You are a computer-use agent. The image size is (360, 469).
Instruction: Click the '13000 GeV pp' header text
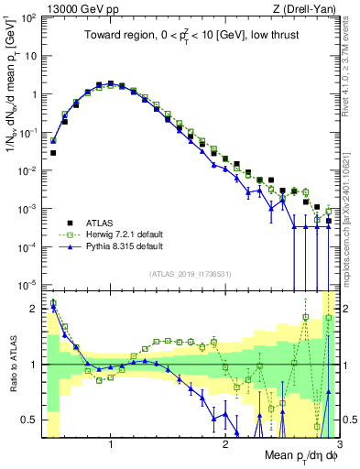[70, 7]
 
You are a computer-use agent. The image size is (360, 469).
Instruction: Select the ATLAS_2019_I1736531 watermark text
[190, 274]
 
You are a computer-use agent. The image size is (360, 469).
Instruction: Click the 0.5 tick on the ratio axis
[34, 420]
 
